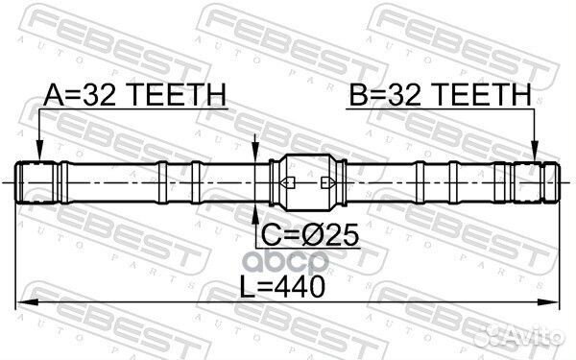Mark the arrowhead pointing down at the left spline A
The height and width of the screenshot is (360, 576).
39,154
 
